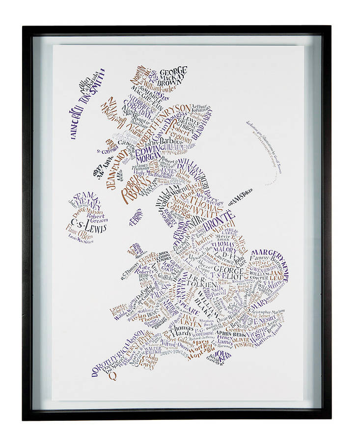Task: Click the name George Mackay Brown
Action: tap(172, 76)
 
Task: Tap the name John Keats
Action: tap(222, 356)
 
